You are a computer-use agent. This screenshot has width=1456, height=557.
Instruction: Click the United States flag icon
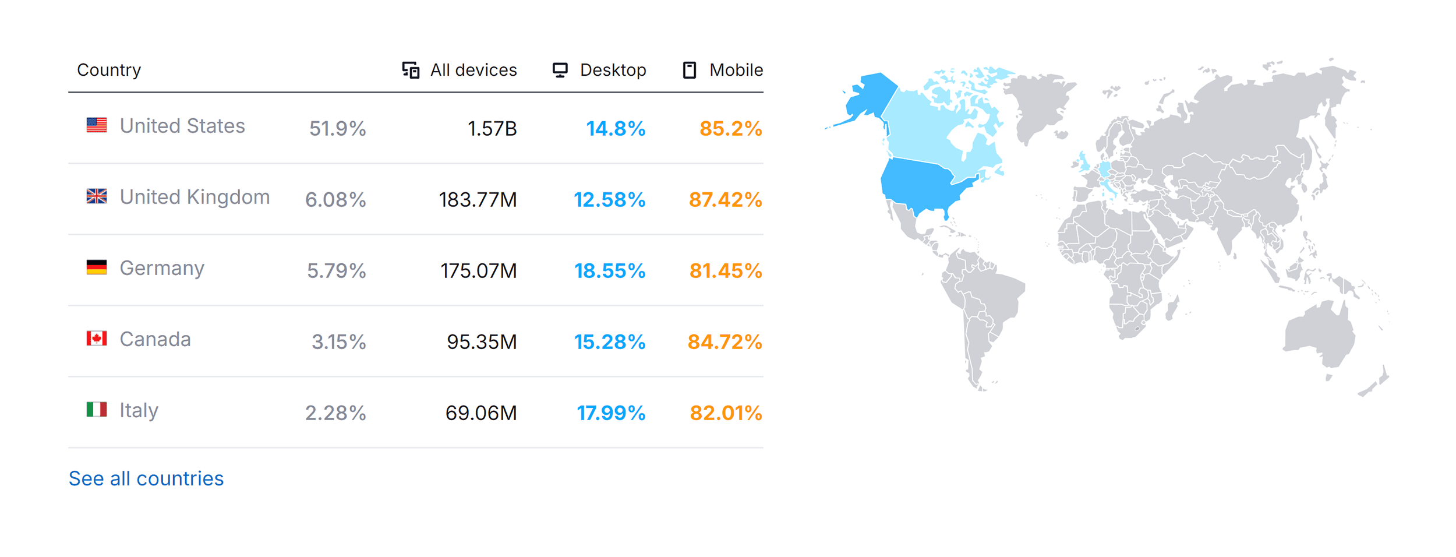point(97,125)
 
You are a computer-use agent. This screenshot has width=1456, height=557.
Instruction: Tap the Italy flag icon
point(97,410)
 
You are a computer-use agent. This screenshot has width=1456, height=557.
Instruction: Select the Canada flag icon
point(97,339)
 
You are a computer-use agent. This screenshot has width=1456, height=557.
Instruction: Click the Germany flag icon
point(97,267)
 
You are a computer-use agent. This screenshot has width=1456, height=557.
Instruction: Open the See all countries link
point(146,478)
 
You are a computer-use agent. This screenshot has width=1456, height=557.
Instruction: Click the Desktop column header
point(599,70)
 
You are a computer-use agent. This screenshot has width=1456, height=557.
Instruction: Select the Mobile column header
point(723,70)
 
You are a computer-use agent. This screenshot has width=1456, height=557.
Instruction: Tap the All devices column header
point(460,70)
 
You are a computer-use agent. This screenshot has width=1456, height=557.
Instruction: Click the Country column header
point(109,70)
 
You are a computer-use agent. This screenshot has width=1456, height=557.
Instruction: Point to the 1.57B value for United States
point(492,129)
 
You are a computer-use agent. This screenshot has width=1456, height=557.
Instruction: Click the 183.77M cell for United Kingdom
point(478,200)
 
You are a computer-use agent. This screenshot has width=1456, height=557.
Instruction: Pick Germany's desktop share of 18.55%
point(610,271)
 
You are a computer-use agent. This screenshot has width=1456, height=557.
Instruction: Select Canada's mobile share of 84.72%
point(725,342)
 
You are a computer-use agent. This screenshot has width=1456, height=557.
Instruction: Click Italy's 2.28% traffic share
point(335,413)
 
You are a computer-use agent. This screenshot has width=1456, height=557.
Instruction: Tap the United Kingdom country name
point(195,197)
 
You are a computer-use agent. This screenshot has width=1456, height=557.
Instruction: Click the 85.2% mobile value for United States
point(731,129)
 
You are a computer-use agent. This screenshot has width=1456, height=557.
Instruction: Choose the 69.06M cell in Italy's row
point(481,413)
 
